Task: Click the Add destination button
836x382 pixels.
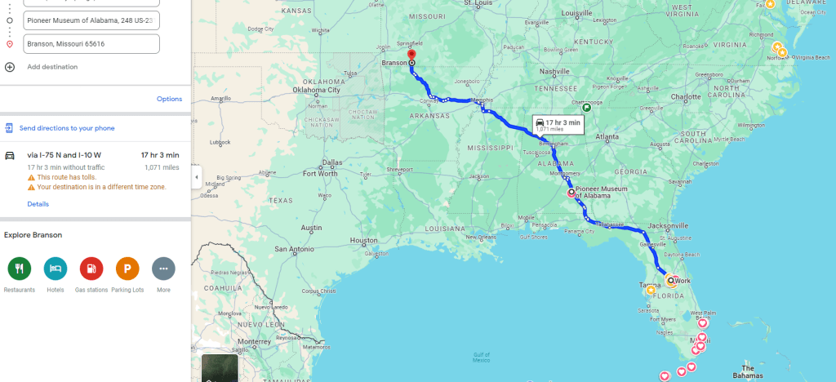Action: [52, 67]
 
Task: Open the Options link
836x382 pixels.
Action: [169, 99]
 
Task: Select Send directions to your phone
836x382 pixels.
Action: [67, 128]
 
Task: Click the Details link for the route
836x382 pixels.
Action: [38, 204]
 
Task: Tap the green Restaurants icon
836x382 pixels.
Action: [19, 268]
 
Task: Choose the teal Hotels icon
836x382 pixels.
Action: [56, 268]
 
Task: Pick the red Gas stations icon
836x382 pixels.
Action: [91, 268]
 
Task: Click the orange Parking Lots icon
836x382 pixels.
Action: [127, 268]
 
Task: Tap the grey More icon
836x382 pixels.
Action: [163, 268]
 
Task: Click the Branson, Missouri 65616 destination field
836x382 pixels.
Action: [91, 43]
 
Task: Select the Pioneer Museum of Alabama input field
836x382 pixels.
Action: [91, 19]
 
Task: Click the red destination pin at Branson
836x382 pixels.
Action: [411, 56]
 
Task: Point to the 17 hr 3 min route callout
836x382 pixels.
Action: [558, 124]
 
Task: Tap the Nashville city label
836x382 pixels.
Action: [554, 72]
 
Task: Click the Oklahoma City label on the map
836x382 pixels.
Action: [322, 90]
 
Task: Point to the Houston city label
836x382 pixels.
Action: [364, 240]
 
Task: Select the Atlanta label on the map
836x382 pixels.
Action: [607, 137]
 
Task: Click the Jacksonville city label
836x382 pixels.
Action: [669, 225]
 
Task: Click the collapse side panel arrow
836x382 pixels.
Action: [196, 177]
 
